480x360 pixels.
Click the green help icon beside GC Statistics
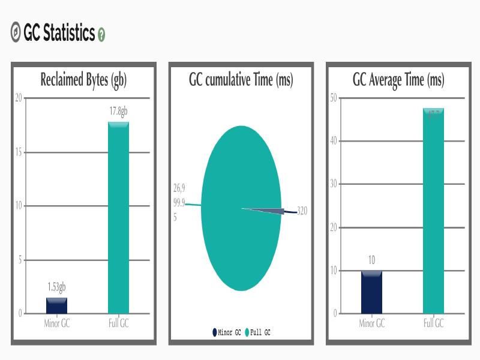click(x=101, y=35)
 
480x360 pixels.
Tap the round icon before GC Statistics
click(x=16, y=33)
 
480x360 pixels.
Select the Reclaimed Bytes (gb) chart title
click(x=83, y=80)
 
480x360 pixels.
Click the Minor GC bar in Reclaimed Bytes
click(x=56, y=305)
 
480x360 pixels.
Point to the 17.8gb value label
click(x=118, y=112)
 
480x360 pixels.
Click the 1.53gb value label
click(x=56, y=287)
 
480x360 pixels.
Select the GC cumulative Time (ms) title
click(x=241, y=80)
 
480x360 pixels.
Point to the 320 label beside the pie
click(x=302, y=211)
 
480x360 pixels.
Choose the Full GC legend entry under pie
click(x=257, y=332)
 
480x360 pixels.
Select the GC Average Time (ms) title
click(x=398, y=80)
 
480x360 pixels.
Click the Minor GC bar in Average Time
click(x=371, y=292)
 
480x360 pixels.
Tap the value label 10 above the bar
click(x=371, y=260)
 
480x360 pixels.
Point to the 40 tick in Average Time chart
click(x=334, y=141)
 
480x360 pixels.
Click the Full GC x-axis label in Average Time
click(x=433, y=323)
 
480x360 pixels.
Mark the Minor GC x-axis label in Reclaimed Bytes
click(x=56, y=323)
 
